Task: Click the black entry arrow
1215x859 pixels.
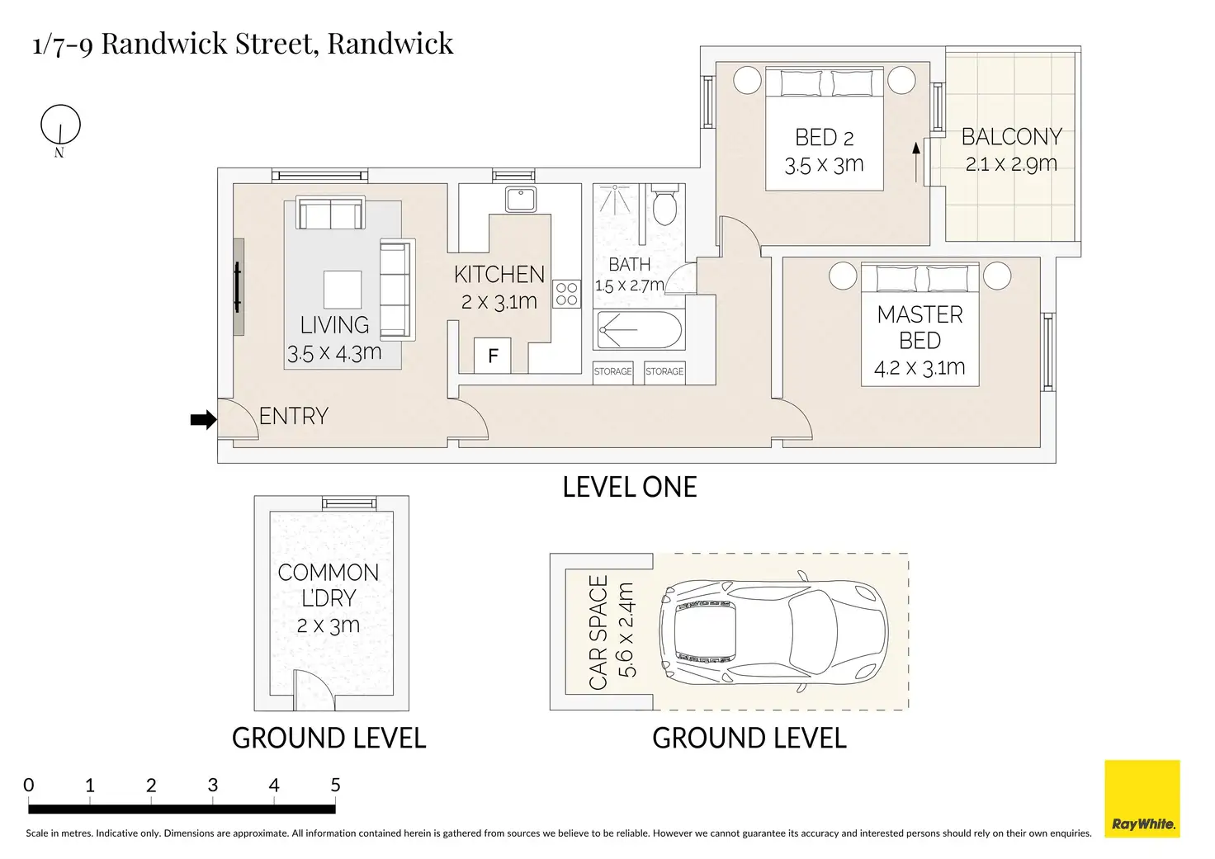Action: pyautogui.click(x=204, y=419)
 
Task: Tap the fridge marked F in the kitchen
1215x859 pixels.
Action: pyautogui.click(x=493, y=356)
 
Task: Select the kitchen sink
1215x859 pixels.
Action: pyautogui.click(x=521, y=199)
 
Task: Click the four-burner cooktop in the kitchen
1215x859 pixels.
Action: pyautogui.click(x=567, y=294)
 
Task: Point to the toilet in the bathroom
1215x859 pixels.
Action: pyautogui.click(x=664, y=205)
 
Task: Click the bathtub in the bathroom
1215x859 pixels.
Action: pyautogui.click(x=639, y=330)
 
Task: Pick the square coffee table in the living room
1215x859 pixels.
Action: pyautogui.click(x=343, y=290)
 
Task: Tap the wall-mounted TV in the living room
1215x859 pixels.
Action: pyautogui.click(x=238, y=287)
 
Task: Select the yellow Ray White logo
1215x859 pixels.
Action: pyautogui.click(x=1142, y=798)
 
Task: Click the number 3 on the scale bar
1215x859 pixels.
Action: pyautogui.click(x=213, y=785)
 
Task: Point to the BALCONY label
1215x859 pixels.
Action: pyautogui.click(x=1012, y=137)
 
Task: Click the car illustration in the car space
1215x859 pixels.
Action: pyautogui.click(x=773, y=631)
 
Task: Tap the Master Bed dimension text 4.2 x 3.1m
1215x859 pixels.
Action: pyautogui.click(x=920, y=368)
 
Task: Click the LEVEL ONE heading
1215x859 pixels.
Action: pyautogui.click(x=629, y=487)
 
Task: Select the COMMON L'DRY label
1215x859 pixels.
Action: pyautogui.click(x=329, y=585)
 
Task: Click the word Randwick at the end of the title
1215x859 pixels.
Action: pyautogui.click(x=390, y=44)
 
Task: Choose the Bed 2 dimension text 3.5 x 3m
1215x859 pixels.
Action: pyautogui.click(x=824, y=165)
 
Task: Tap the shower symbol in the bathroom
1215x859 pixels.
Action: pyautogui.click(x=615, y=199)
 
